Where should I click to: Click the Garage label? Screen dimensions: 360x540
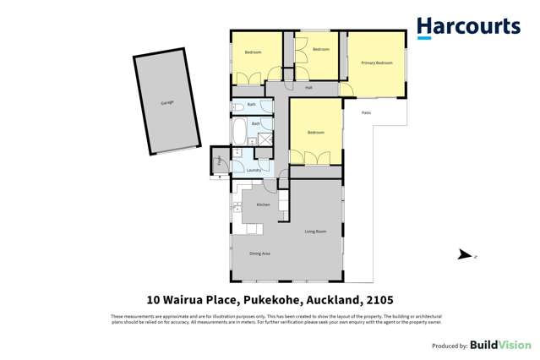click(x=167, y=102)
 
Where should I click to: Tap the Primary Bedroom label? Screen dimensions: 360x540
click(x=377, y=63)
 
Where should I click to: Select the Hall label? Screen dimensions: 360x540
click(x=309, y=87)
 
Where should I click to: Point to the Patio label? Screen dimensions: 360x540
click(x=366, y=112)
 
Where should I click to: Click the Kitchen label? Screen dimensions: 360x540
click(x=263, y=205)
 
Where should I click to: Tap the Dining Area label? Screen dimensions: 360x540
click(x=259, y=254)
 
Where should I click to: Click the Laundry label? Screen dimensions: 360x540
click(x=254, y=170)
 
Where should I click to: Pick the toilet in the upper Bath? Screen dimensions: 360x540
click(x=238, y=106)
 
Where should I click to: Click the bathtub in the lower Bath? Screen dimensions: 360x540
click(x=239, y=133)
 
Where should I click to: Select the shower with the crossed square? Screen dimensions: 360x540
click(x=265, y=140)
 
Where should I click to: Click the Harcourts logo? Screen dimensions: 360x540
click(x=468, y=28)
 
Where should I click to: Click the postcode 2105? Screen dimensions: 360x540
click(x=379, y=300)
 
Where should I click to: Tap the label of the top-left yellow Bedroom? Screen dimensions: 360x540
click(x=253, y=52)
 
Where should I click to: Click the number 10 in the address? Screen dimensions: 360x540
click(x=153, y=300)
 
